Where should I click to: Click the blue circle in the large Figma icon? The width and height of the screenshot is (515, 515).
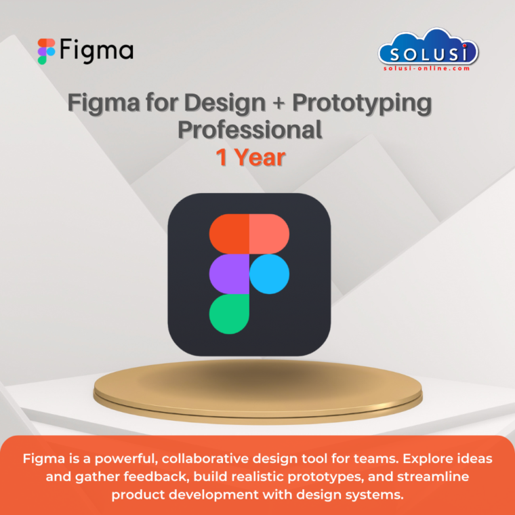tap(270, 274)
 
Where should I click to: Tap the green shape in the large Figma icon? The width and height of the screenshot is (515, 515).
tap(229, 314)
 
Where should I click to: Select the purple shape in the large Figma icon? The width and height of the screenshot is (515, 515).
tap(229, 274)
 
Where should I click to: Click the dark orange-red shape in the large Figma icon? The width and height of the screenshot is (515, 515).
tap(229, 234)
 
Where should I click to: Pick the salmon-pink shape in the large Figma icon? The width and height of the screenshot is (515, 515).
tap(269, 234)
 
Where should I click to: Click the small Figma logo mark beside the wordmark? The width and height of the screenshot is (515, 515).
tap(46, 51)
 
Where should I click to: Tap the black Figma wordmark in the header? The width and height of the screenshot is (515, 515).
tap(96, 51)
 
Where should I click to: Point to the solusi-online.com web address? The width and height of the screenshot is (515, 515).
tap(428, 67)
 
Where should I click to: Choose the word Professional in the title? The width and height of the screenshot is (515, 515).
tap(250, 129)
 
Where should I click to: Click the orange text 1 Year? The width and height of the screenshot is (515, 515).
tap(250, 157)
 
